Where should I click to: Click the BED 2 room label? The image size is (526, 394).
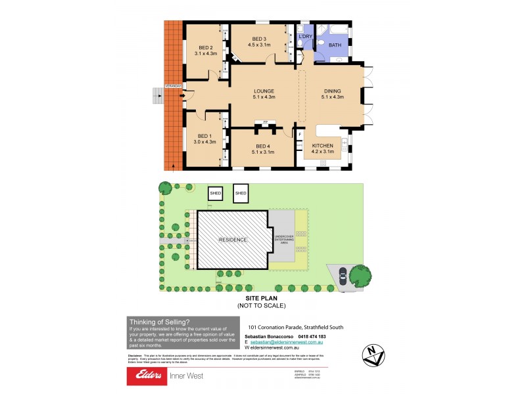tap(206, 47)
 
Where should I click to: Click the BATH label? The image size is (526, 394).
tap(335, 45)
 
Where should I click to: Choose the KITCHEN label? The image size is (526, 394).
tap(322, 145)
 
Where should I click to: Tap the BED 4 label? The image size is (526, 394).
tap(263, 146)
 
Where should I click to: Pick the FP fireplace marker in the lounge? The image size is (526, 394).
tap(264, 123)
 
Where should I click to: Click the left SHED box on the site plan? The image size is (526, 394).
tap(215, 193)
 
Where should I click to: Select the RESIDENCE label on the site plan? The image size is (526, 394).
tap(233, 240)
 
